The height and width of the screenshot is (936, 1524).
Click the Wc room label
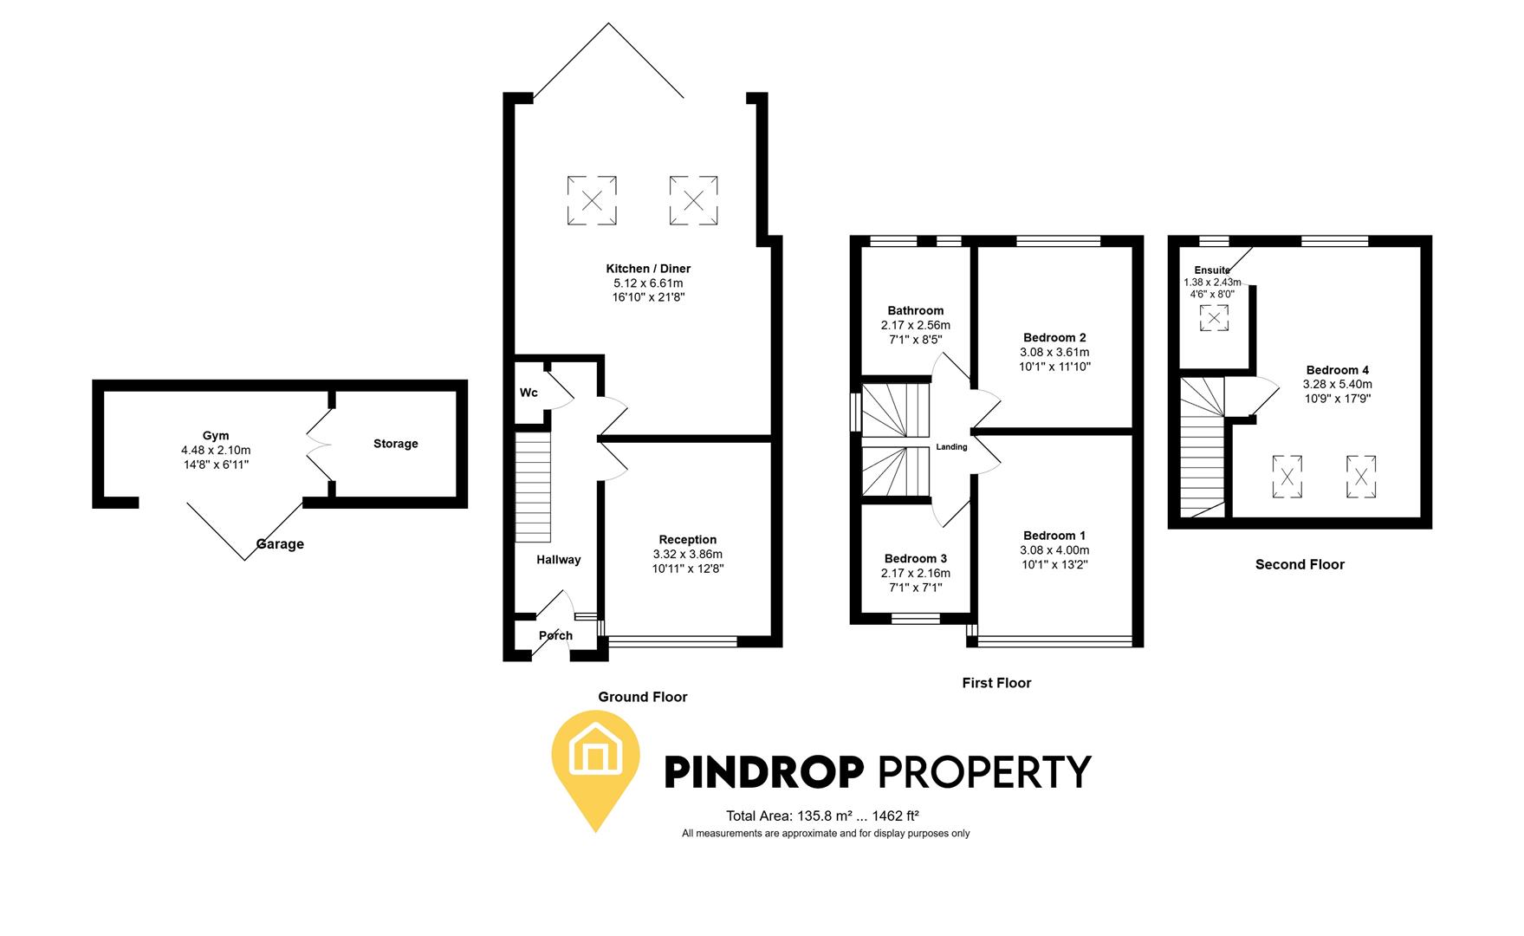(x=529, y=393)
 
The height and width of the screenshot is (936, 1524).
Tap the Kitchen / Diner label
(x=648, y=269)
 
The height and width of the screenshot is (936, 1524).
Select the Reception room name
(x=687, y=540)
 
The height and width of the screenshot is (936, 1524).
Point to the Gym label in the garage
(x=216, y=436)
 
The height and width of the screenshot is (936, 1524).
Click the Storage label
(x=395, y=444)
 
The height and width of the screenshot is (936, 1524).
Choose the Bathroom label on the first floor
(x=915, y=310)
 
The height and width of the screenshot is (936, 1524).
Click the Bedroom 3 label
(x=915, y=558)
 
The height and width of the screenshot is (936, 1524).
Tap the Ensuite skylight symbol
(x=1214, y=318)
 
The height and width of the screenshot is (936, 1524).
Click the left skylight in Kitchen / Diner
(x=592, y=200)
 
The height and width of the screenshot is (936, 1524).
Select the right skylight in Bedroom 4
(x=1360, y=477)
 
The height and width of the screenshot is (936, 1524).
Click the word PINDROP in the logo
(x=764, y=771)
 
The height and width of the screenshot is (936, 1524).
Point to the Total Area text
(x=822, y=816)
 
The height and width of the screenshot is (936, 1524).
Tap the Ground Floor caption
(x=642, y=697)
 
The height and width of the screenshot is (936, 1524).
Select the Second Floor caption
(x=1300, y=564)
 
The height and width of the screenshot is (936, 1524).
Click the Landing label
(x=951, y=447)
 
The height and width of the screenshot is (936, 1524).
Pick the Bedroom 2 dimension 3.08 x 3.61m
(x=1054, y=352)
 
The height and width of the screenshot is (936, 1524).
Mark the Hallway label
(x=558, y=560)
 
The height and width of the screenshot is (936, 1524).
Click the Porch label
(x=555, y=635)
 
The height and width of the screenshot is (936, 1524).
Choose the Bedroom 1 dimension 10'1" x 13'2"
(x=1054, y=564)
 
